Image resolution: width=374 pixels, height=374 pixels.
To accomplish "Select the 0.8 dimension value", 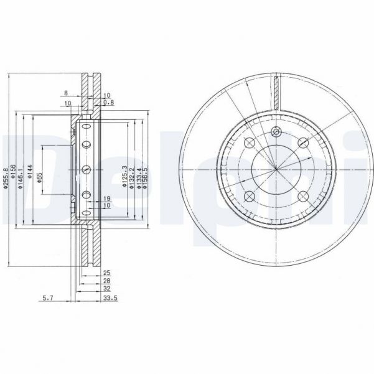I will (109, 102).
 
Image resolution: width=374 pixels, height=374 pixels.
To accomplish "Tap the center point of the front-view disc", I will (276, 169).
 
